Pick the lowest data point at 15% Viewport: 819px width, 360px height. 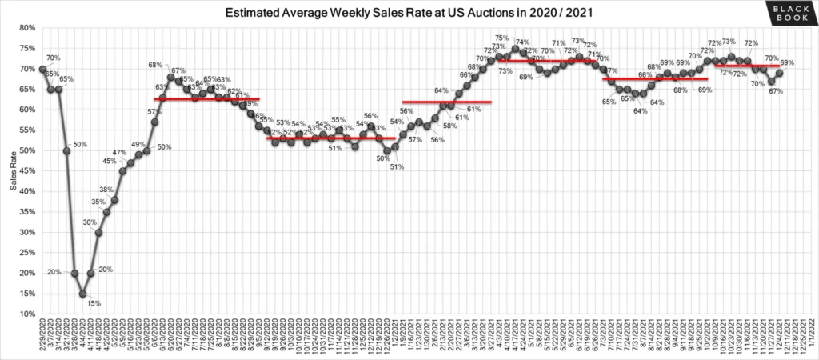[82, 294]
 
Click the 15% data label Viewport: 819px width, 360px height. [94, 303]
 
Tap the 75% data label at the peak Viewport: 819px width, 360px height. [502, 38]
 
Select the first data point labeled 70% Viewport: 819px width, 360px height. [42, 69]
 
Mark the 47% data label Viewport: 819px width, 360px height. [119, 152]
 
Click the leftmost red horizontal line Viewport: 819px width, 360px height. [206, 99]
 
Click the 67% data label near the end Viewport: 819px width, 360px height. [775, 91]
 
